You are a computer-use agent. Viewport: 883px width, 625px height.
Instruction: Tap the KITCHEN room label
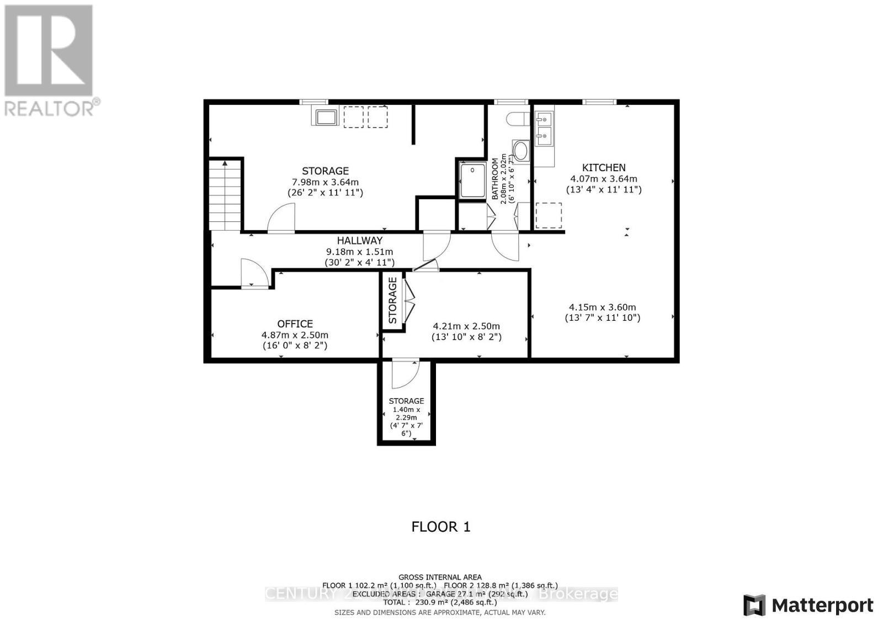(x=604, y=167)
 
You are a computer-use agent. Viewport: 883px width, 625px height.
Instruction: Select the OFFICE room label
(x=295, y=324)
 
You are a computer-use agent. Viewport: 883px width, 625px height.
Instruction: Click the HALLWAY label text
(x=360, y=241)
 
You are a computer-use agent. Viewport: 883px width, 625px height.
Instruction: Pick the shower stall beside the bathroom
(x=472, y=179)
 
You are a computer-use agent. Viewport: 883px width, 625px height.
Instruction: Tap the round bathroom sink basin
(x=520, y=150)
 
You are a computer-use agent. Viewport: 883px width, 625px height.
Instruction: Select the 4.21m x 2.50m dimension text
(x=466, y=326)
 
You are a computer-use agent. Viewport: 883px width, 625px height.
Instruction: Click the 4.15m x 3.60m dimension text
(x=602, y=308)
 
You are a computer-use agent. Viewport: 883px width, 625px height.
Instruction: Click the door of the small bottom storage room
(x=405, y=374)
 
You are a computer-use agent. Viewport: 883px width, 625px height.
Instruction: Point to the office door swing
(x=254, y=273)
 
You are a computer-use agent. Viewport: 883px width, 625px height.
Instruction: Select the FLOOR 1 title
(x=440, y=527)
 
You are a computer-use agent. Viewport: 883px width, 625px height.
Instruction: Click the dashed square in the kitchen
(x=549, y=215)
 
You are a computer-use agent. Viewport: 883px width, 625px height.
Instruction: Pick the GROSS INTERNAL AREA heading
(x=440, y=577)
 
